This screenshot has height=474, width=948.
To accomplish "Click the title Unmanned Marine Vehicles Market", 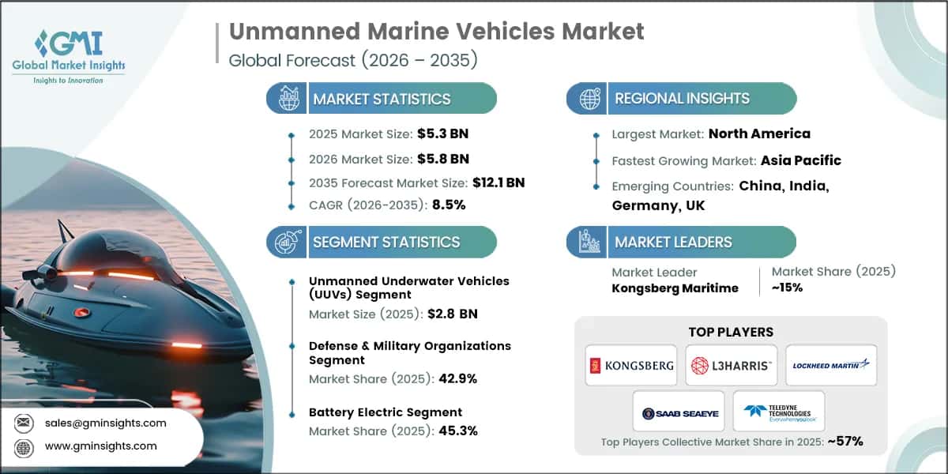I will [436, 32].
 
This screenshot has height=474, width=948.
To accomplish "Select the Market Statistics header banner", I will [382, 99].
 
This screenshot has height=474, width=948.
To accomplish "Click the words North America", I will [759, 134].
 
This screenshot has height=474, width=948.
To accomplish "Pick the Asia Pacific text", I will [800, 160].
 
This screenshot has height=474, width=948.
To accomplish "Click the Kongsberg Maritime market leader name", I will [675, 288].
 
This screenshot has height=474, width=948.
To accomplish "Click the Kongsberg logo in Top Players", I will [630, 365].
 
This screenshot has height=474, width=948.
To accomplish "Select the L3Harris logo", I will [731, 365].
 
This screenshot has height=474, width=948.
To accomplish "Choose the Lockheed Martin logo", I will [831, 365].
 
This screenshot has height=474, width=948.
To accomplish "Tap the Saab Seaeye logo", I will [679, 412].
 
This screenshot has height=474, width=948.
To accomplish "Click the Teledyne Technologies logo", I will [779, 412].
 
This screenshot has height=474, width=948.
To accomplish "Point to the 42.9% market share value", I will [457, 378].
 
